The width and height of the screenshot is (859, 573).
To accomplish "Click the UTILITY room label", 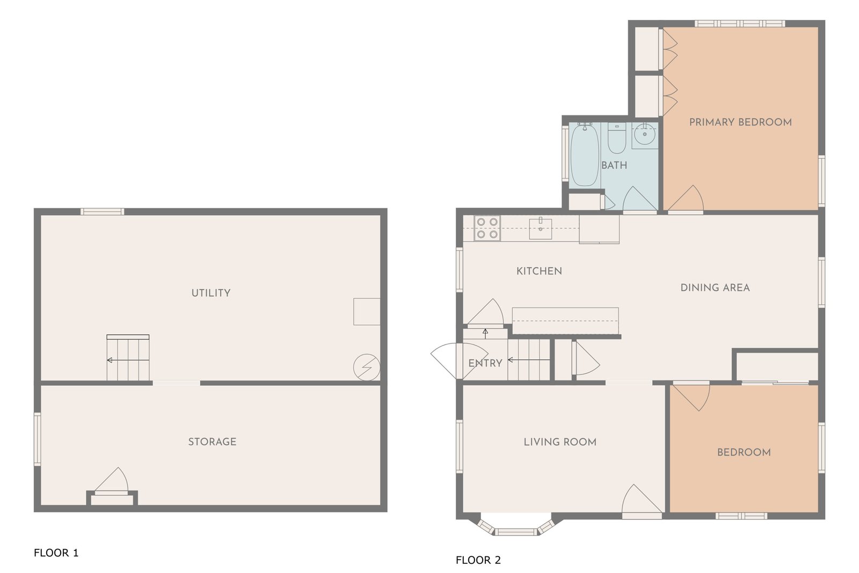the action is click(x=211, y=293).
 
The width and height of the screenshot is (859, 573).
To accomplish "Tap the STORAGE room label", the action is click(x=212, y=442).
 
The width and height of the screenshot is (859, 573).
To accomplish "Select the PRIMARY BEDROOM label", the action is click(x=740, y=122).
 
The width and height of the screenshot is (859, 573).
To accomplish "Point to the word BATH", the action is click(x=614, y=166).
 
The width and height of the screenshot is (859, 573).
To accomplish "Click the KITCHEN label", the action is click(x=539, y=271).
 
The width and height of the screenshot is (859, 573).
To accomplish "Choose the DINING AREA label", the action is click(x=715, y=288).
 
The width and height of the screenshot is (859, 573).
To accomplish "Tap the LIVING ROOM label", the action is click(x=560, y=442).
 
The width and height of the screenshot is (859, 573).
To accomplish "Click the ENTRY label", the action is click(x=485, y=363).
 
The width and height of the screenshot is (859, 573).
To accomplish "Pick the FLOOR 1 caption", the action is click(x=56, y=553).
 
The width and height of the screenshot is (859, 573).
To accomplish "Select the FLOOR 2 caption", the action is click(x=478, y=560).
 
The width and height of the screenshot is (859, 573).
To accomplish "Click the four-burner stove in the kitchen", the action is click(x=487, y=228).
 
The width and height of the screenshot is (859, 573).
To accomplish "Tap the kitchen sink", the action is click(x=540, y=229).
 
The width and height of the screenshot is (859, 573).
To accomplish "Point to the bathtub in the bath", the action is click(x=585, y=155).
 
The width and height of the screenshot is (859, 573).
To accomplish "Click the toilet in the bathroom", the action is click(x=617, y=137).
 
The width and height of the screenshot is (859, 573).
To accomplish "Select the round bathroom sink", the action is click(x=645, y=134).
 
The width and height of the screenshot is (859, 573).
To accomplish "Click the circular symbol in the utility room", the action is click(x=367, y=367).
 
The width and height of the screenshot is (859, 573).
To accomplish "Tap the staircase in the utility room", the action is click(x=128, y=357).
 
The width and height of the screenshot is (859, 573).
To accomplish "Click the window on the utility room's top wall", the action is click(x=102, y=211).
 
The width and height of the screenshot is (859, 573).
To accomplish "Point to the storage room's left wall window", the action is click(x=37, y=439).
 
